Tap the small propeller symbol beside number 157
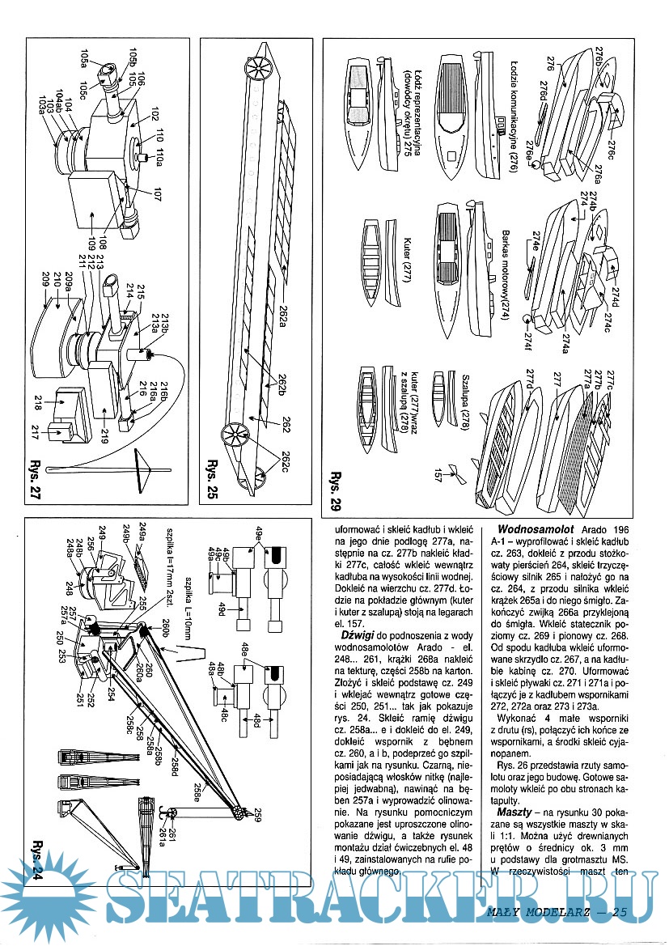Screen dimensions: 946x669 (x=455, y=478)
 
